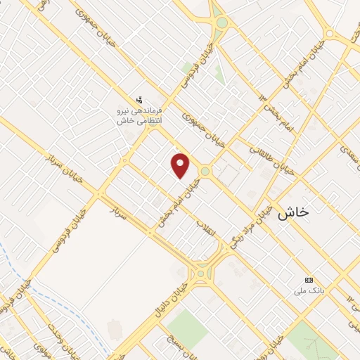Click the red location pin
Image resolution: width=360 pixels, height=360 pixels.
click(181, 165)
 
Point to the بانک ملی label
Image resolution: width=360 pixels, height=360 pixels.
click(307, 289)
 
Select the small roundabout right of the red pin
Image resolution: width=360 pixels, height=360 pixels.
click(205, 171)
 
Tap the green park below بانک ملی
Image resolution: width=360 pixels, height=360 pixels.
click(309, 341)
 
